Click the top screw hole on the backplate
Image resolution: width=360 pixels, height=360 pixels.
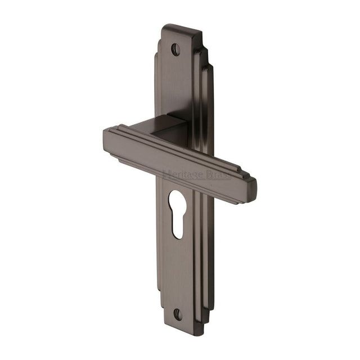point(175,49)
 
